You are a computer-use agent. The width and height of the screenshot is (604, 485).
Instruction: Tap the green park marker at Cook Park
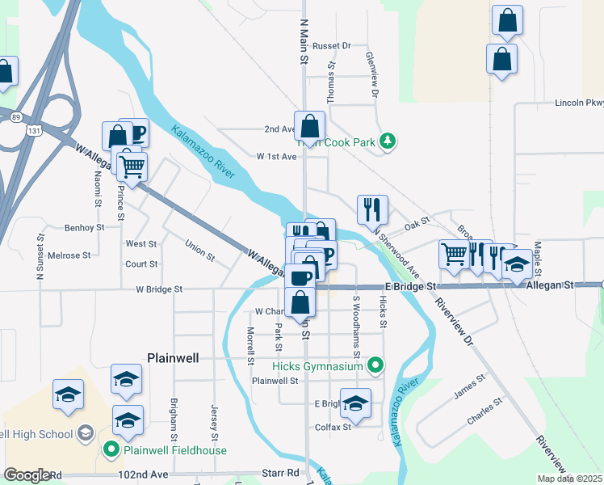coord(388,141)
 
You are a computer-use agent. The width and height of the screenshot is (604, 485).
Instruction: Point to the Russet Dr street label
coord(331,46)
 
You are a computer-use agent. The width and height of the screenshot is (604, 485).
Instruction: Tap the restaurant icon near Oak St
coord(372,209)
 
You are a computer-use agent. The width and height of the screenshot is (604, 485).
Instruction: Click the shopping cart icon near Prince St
coord(131,167)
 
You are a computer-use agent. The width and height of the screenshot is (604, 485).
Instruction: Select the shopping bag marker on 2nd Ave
coord(309,126)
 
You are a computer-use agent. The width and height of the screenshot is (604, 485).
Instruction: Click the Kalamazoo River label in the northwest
coord(203,150)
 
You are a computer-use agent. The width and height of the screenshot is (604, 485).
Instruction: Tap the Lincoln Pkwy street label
coord(578,103)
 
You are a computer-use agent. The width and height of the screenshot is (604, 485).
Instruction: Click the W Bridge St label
coord(159,289)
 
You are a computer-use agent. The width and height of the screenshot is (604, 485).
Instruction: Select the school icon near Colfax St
coord(355,403)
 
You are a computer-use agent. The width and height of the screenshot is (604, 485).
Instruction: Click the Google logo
coord(27,474)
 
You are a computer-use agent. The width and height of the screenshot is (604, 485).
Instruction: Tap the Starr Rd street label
coord(280,472)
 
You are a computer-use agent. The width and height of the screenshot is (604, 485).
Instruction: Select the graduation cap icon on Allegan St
coord(517,264)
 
